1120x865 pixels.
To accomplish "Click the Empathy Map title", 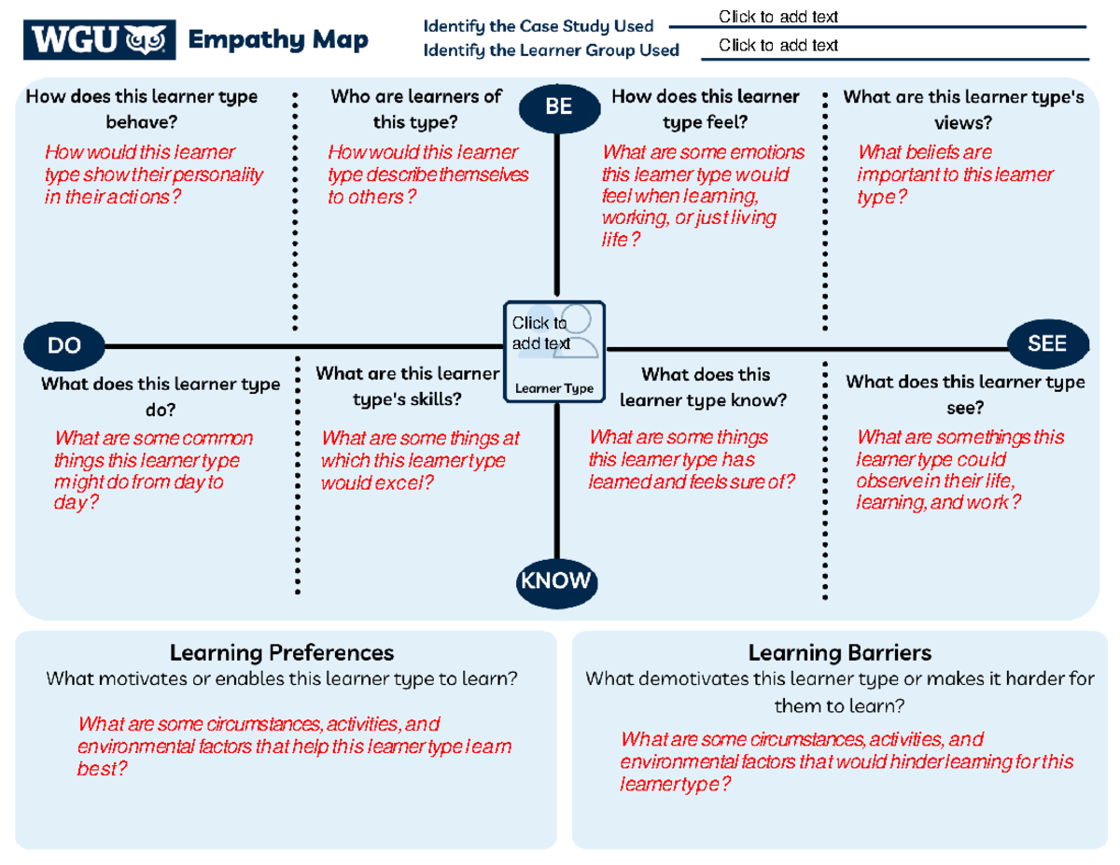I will [x=277, y=40].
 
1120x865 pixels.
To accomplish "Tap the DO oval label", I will [x=63, y=345].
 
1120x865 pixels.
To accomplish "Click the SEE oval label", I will [x=1047, y=343].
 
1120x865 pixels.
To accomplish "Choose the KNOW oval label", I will [x=555, y=581].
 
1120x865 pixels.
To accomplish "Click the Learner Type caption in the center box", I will [x=554, y=388].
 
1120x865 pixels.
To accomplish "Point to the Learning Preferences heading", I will [x=281, y=652].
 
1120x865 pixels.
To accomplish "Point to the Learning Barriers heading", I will [x=839, y=652].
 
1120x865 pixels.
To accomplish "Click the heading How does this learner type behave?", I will [x=142, y=108].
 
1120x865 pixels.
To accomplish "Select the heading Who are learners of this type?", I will [x=415, y=108].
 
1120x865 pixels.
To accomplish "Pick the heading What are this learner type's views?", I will [x=962, y=108].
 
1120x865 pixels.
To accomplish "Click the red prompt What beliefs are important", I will [x=954, y=174].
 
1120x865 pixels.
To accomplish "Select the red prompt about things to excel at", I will [x=419, y=460].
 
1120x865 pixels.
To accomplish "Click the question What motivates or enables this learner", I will [x=281, y=678].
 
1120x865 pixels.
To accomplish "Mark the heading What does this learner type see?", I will [x=964, y=395].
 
